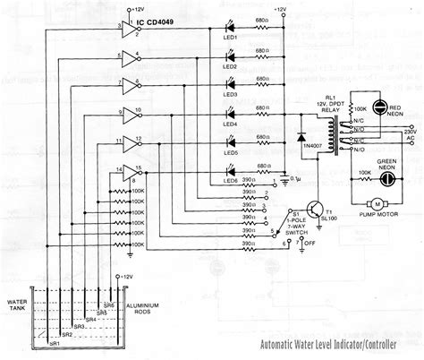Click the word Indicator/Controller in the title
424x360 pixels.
[x=366, y=345]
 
